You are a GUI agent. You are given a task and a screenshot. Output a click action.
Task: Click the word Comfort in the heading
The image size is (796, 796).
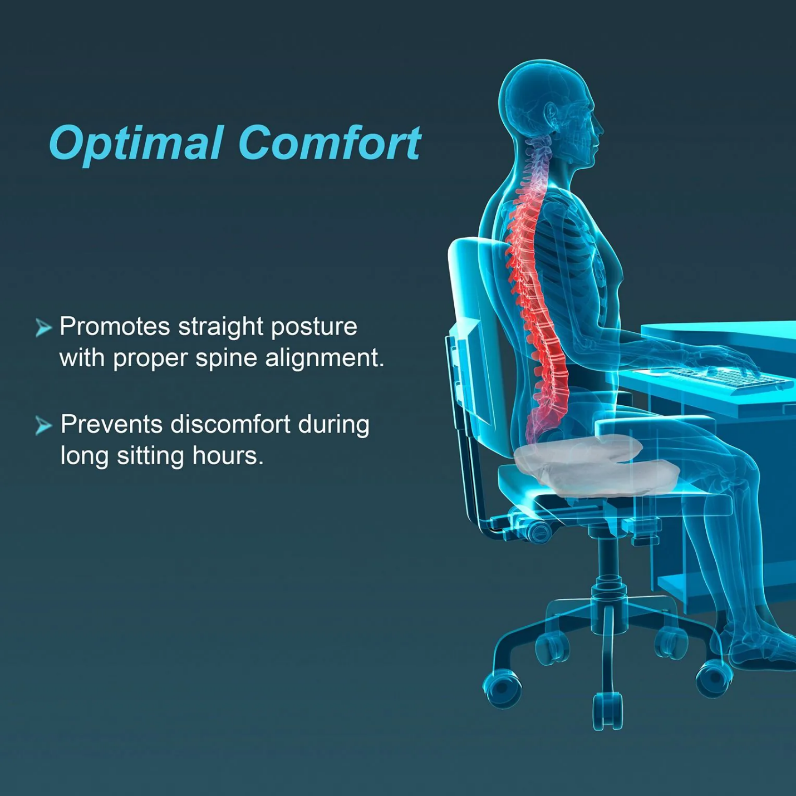click(330, 144)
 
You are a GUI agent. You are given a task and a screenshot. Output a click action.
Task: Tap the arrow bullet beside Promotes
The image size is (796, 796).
click(43, 327)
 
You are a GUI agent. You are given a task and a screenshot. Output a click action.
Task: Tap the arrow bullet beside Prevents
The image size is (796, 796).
click(43, 426)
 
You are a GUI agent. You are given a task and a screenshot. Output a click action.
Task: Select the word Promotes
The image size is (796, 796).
click(114, 327)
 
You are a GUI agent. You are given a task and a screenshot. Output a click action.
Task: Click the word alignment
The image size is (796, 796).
click(324, 358)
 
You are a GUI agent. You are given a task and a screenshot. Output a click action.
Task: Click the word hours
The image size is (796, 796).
click(227, 456)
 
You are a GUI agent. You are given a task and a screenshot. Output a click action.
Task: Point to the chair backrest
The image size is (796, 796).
click(473, 334)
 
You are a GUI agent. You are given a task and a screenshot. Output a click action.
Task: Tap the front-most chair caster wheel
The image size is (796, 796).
click(607, 713)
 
